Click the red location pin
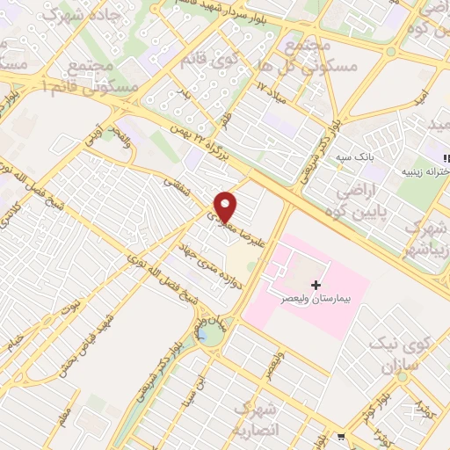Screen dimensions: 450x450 click(227, 206)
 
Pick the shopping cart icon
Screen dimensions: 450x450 click(341, 436)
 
